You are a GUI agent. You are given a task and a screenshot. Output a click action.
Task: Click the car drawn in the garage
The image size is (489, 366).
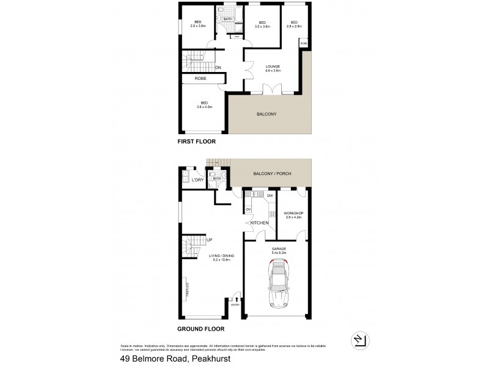point(278,281)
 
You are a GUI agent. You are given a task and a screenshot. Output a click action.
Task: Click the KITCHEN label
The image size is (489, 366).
point(259,223)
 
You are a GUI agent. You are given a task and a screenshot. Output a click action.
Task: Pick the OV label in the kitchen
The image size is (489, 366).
point(248,209)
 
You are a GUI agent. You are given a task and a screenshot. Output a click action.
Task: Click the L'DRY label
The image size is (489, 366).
point(197,180)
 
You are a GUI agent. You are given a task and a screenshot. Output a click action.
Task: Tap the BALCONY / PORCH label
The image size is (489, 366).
point(273,174)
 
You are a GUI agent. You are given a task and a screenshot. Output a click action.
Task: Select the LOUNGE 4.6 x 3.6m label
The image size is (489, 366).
point(273,68)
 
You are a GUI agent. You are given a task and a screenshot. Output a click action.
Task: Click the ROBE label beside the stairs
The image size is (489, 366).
point(200,79)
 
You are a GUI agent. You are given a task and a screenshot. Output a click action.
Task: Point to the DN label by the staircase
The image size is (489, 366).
point(218,67)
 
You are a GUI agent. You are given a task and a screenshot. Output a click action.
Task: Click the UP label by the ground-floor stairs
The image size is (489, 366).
point(209,240)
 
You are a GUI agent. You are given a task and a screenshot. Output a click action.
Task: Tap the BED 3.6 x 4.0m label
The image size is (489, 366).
point(204,104)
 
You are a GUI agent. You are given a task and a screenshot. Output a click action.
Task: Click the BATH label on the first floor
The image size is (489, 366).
point(227,20)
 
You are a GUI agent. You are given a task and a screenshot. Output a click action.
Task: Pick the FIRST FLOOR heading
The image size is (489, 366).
point(197,141)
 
